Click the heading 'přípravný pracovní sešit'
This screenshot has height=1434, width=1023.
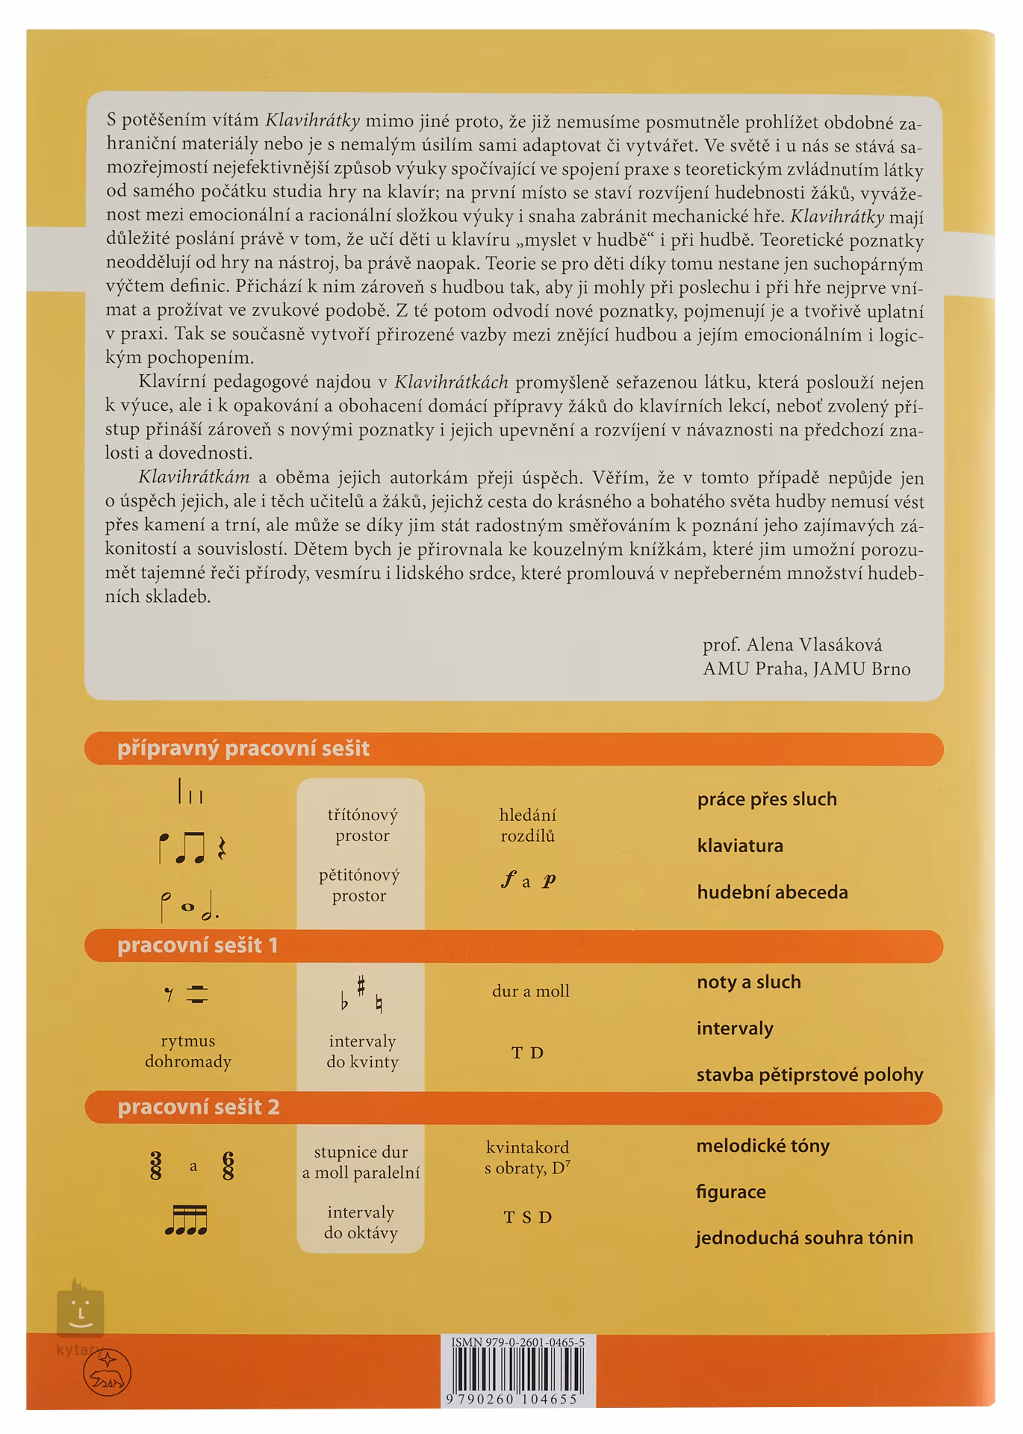pyautogui.click(x=243, y=748)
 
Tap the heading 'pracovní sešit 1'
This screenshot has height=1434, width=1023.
pyautogui.click(x=197, y=946)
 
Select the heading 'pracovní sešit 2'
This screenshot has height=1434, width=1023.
pyautogui.click(x=199, y=1107)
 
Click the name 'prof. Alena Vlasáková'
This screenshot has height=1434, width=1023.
pyautogui.click(x=792, y=645)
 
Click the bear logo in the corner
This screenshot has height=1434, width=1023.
pyautogui.click(x=107, y=1374)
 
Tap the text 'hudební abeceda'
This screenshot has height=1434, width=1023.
pyautogui.click(x=772, y=893)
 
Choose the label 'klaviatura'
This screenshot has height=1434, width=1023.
pyautogui.click(x=740, y=846)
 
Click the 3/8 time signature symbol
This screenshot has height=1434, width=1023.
pyautogui.click(x=155, y=1166)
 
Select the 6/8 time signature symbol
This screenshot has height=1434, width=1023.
pyautogui.click(x=228, y=1166)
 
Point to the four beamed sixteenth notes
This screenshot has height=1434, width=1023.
pyautogui.click(x=186, y=1220)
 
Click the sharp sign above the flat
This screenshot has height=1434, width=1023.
pyautogui.click(x=361, y=987)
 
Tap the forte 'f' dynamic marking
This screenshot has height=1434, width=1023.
pyautogui.click(x=509, y=881)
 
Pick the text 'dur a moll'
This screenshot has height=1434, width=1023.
pyautogui.click(x=530, y=991)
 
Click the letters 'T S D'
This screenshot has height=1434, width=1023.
pyautogui.click(x=527, y=1217)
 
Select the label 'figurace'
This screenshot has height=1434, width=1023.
pyautogui.click(x=730, y=1192)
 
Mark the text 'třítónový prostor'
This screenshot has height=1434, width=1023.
pyautogui.click(x=362, y=825)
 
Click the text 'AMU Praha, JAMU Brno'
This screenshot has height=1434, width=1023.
pyautogui.click(x=806, y=668)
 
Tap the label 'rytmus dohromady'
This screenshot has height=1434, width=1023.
pyautogui.click(x=188, y=1051)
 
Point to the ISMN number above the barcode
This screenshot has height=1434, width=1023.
pyautogui.click(x=517, y=1342)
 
